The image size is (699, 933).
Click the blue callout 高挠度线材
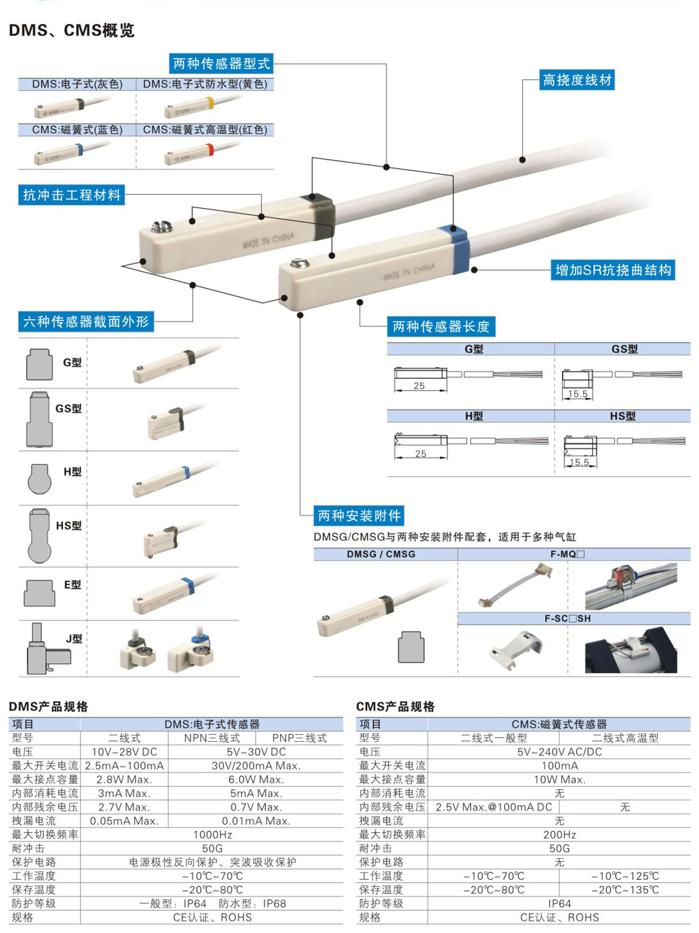coord(577,80)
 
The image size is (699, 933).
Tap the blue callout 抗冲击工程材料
coord(72,195)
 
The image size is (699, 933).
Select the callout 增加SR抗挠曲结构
coord(613,270)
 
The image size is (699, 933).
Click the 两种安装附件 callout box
coord(359,515)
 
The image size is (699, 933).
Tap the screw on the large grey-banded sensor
coord(161,227)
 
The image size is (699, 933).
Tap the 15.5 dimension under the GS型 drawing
coord(578,394)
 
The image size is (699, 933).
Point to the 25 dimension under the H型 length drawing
coord(420,453)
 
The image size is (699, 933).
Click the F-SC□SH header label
coord(568,618)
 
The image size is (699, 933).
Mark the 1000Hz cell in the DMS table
coord(212,835)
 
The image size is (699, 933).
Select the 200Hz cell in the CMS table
coord(560,835)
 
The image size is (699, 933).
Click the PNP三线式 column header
coord(300,738)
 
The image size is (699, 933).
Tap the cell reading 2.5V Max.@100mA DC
coord(494,807)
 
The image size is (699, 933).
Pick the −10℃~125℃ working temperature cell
coord(625,876)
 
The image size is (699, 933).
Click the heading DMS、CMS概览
coord(72,30)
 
